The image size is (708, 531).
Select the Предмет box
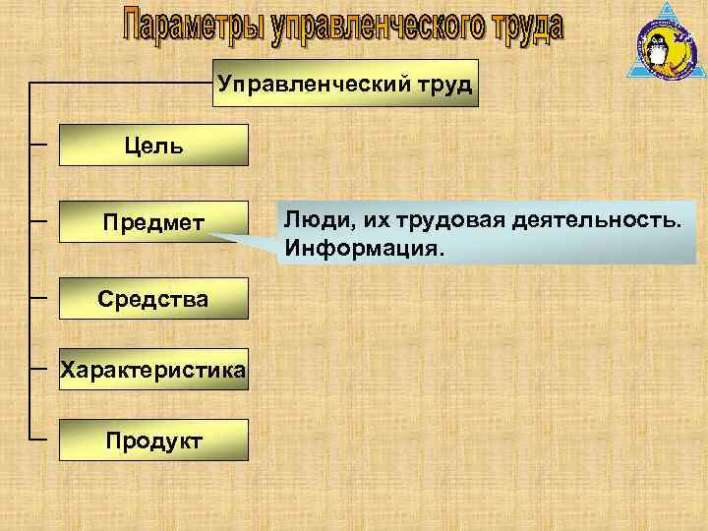click(x=152, y=223)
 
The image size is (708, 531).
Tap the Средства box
click(x=152, y=298)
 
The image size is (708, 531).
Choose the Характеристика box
click(x=152, y=370)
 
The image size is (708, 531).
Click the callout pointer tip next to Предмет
click(x=212, y=236)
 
